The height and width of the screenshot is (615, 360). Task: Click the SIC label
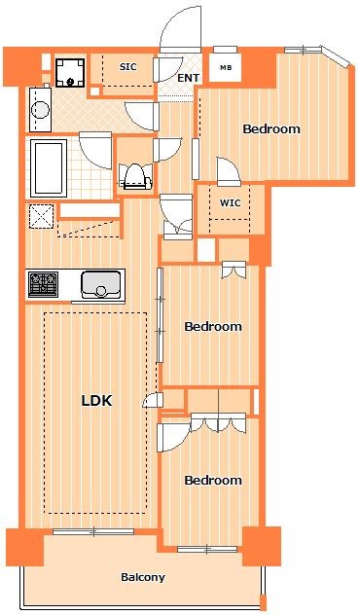127,67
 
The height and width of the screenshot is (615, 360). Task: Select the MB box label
226,67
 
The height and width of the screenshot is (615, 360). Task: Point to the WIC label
231,202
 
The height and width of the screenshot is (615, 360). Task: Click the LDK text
97,399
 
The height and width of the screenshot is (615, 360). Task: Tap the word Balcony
143,577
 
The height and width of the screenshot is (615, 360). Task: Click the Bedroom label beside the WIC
270,128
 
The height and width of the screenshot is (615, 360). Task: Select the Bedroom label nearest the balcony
212,480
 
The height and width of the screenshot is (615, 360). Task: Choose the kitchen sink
100,284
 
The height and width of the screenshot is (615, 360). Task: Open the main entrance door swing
181,29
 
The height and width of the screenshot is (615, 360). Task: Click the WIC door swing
230,171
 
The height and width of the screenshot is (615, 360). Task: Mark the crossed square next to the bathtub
41,216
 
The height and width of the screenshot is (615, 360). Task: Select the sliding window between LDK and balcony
93,531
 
